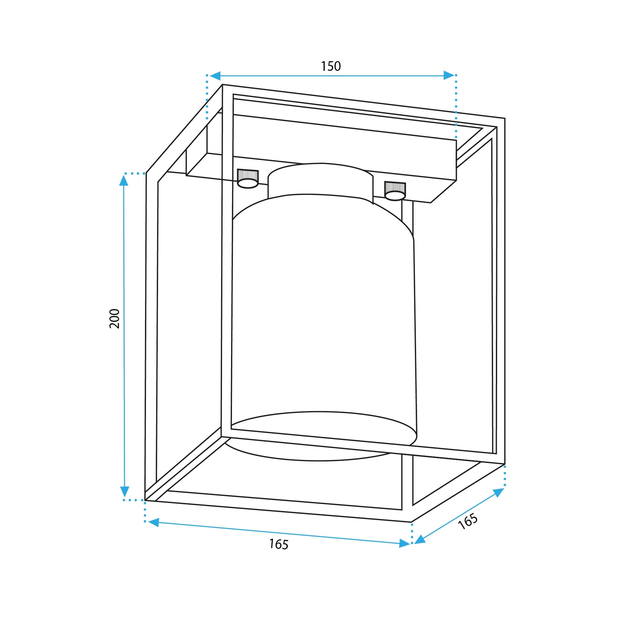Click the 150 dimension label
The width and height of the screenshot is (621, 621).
[331, 66]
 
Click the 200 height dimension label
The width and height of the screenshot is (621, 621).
[115, 318]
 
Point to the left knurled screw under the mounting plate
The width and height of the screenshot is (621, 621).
[248, 179]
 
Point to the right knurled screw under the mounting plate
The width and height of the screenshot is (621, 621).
[395, 191]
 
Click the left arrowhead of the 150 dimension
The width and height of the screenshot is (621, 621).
[215, 76]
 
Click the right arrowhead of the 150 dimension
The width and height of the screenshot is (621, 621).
[449, 75]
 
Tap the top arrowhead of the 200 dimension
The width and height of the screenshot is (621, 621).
[124, 180]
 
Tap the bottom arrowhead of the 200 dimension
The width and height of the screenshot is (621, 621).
[124, 492]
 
